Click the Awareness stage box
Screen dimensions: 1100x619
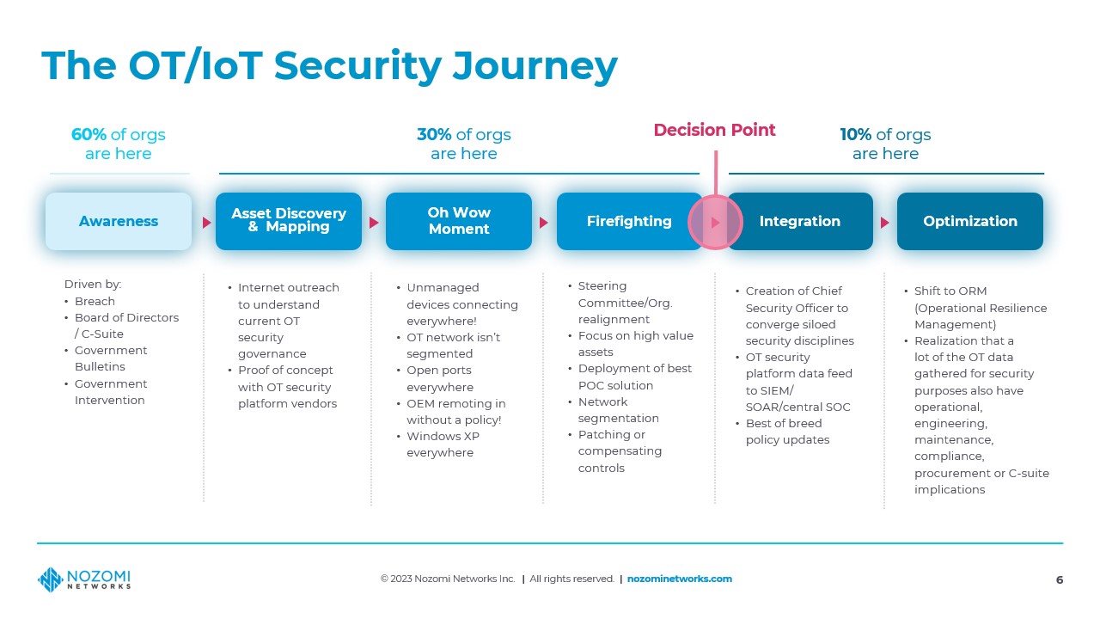pos(119,221)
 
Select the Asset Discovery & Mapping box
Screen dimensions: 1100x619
pos(289,221)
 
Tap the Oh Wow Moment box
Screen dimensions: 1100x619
pos(459,221)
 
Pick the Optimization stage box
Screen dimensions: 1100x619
pos(970,221)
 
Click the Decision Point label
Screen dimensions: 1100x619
pos(714,130)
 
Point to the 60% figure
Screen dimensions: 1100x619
pos(89,135)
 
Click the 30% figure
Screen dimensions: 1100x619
pos(434,135)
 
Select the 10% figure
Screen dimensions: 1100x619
pos(855,135)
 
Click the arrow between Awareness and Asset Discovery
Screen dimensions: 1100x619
pos(207,223)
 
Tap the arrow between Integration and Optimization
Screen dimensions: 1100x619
pos(885,223)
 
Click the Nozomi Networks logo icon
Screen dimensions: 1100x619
pos(50,579)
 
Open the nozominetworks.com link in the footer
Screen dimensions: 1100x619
pos(680,579)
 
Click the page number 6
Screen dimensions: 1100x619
pos(1060,580)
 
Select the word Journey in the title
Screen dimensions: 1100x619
pos(535,67)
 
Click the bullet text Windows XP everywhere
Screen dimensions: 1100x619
pos(443,444)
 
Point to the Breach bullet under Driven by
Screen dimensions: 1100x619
pos(95,301)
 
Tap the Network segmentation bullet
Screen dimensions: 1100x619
pos(618,410)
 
